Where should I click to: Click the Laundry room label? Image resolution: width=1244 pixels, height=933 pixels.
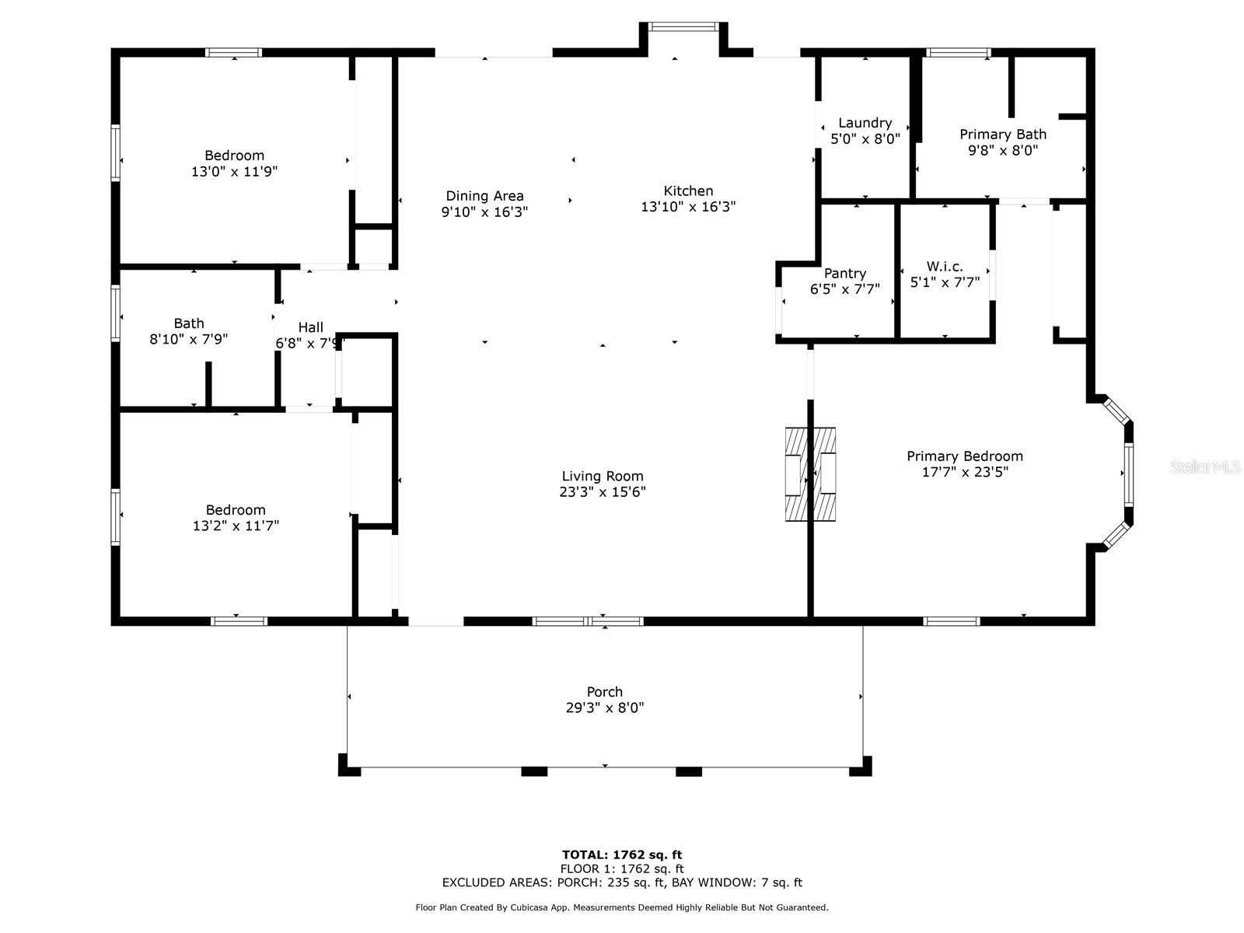[x=865, y=123]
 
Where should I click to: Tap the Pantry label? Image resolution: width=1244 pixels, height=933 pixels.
[x=845, y=274]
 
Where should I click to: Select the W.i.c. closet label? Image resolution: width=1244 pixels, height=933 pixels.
[x=945, y=266]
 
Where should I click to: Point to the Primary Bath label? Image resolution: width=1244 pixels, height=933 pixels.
[x=1002, y=135]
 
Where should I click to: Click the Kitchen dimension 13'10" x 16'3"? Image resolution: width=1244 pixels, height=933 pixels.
[x=688, y=207]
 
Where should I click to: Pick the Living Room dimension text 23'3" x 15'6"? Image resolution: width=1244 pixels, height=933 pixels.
[x=603, y=491]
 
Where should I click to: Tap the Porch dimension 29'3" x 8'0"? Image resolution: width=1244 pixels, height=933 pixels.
[x=605, y=708]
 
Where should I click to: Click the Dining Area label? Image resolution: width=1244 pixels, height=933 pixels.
[x=484, y=196]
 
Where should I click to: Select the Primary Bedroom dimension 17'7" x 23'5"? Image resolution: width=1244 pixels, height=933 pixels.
[x=965, y=472]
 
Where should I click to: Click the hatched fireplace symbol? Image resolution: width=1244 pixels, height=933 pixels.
[x=810, y=474]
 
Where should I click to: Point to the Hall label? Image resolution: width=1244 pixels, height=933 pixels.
[x=310, y=327]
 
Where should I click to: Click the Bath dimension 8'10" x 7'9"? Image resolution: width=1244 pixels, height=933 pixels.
[x=189, y=339]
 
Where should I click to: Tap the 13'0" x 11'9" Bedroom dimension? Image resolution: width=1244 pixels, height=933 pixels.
[x=234, y=172]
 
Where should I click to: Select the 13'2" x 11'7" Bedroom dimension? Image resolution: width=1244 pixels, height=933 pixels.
[x=236, y=526]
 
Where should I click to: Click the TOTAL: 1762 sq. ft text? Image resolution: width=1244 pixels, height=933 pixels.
[x=622, y=854]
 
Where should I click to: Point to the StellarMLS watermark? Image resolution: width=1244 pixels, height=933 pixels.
[x=1205, y=466]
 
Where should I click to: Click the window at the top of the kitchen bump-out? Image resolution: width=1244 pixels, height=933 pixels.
[x=683, y=26]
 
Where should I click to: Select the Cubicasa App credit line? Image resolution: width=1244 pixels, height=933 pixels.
[x=622, y=907]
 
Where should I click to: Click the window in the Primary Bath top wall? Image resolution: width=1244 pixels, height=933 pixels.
[x=959, y=53]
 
